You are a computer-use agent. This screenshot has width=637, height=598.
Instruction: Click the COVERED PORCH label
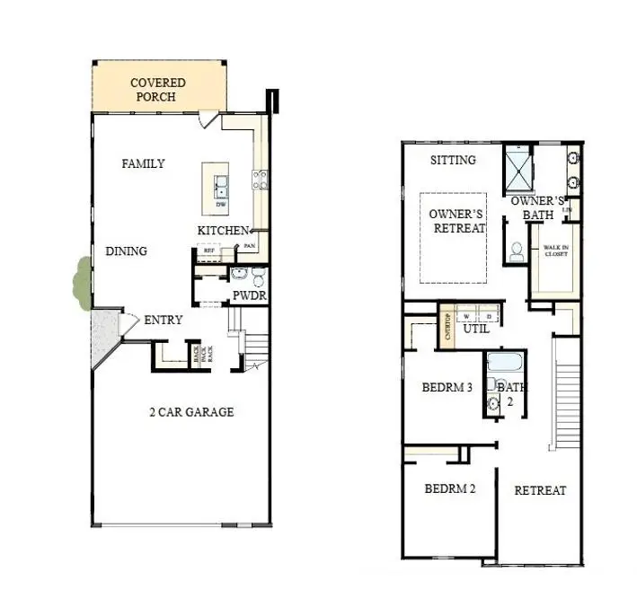[x=158, y=90]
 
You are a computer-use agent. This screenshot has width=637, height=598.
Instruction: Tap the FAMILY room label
[x=144, y=163]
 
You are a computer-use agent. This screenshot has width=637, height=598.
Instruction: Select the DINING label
[x=127, y=251]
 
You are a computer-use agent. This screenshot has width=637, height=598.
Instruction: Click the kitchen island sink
[x=220, y=189]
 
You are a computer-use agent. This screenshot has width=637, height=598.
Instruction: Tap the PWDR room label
[x=250, y=295]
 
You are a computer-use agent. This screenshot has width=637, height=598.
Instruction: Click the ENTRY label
[x=163, y=320]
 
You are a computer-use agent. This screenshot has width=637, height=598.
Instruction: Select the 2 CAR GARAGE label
[x=191, y=412]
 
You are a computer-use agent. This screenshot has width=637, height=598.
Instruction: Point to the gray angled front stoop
[x=103, y=338]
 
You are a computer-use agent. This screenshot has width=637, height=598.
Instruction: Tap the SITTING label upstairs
[x=453, y=161]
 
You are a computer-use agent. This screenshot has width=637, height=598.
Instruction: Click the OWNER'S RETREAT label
[x=456, y=221]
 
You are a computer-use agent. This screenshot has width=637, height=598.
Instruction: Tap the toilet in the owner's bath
[x=517, y=253]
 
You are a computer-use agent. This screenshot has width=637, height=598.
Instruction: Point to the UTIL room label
[x=476, y=330]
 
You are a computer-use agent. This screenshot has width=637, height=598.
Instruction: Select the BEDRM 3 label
[x=447, y=388]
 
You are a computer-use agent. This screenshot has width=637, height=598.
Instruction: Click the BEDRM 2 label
[x=450, y=489]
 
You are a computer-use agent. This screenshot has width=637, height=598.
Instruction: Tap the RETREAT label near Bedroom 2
[x=540, y=490]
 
